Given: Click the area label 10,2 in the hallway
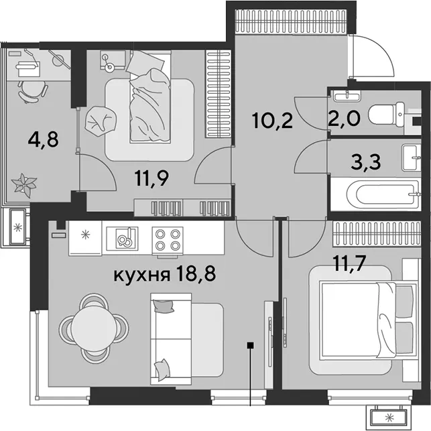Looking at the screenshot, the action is [x=272, y=121].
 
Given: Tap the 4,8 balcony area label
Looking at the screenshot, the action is [x=43, y=139].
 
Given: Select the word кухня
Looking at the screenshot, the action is [x=141, y=275].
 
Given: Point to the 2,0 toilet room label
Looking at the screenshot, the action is [x=344, y=118].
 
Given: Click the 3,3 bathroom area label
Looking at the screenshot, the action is [x=366, y=162].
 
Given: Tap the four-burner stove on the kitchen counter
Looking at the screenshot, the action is [x=168, y=239].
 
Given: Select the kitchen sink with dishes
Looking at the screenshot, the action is [x=122, y=239].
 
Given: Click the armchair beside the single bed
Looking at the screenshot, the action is [x=100, y=121].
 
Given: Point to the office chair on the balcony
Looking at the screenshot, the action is [x=32, y=92].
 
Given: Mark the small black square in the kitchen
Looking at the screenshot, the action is [x=250, y=345].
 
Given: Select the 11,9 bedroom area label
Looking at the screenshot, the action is [x=151, y=178].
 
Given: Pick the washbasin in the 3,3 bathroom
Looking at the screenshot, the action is [x=412, y=158].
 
